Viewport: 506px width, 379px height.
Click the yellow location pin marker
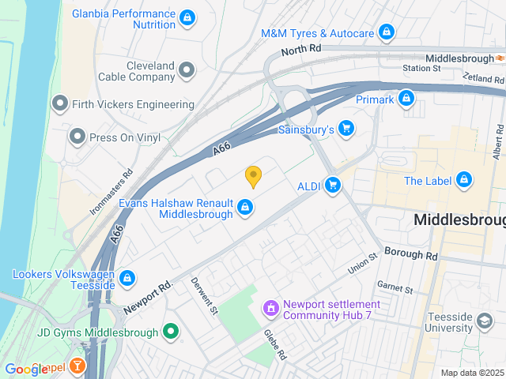click(x=253, y=176)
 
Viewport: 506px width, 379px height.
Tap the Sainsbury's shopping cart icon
click(x=346, y=128)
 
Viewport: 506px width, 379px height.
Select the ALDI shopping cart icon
click(x=334, y=186)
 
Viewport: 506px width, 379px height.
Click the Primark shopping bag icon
click(x=406, y=98)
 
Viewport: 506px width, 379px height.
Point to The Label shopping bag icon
click(x=463, y=181)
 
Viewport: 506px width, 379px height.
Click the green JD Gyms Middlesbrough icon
click(x=169, y=332)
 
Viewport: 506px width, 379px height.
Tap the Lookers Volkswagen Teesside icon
click(x=126, y=278)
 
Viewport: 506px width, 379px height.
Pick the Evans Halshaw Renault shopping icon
click(x=245, y=208)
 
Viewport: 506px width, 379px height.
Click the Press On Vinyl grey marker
click(x=77, y=137)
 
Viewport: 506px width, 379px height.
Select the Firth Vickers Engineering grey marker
click(x=59, y=104)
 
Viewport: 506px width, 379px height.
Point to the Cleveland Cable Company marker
click(x=187, y=71)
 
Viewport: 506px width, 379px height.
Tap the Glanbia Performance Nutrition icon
click(x=187, y=17)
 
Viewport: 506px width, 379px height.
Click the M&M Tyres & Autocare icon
click(x=386, y=33)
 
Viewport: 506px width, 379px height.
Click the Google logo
click(x=26, y=369)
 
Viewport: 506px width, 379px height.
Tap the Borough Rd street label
click(x=410, y=256)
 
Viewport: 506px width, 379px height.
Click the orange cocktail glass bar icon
click(x=78, y=366)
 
